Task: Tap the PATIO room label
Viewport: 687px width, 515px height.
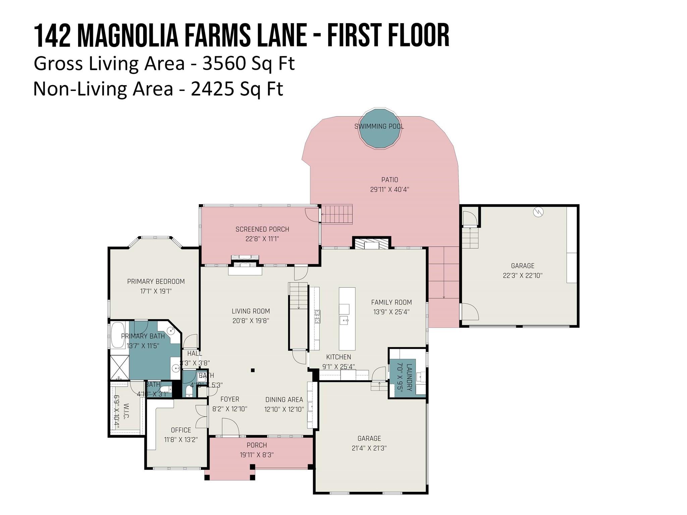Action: coord(389,180)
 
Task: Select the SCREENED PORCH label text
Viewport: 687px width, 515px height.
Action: coord(262,229)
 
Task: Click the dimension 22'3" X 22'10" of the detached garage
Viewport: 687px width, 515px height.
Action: coord(522,276)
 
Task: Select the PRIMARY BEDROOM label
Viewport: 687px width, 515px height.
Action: coord(156,282)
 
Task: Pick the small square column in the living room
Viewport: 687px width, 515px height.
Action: coord(253,370)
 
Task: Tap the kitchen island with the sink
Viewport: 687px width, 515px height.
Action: coord(347,319)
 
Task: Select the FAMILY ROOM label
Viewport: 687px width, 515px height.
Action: coord(391,302)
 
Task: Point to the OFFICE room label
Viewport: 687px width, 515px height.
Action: coord(181,430)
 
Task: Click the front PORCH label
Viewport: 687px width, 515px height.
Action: coord(257,445)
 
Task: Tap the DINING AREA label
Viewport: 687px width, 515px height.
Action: coord(284,400)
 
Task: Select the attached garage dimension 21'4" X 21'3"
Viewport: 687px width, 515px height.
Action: coord(369,448)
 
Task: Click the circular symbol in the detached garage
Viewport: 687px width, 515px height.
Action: coord(538,212)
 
